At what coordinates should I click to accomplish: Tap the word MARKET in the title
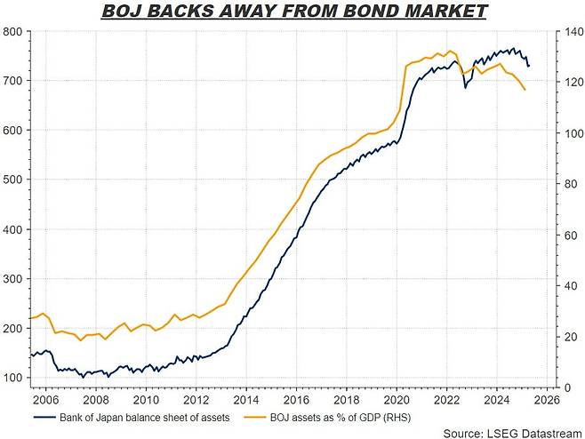pyautogui.click(x=453, y=12)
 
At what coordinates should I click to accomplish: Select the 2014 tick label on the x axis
pyautogui.click(x=246, y=400)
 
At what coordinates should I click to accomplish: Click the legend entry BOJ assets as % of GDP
pyautogui.click(x=337, y=416)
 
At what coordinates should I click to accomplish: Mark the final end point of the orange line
pyautogui.click(x=525, y=90)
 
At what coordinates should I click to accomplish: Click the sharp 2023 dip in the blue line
pyautogui.click(x=466, y=87)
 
